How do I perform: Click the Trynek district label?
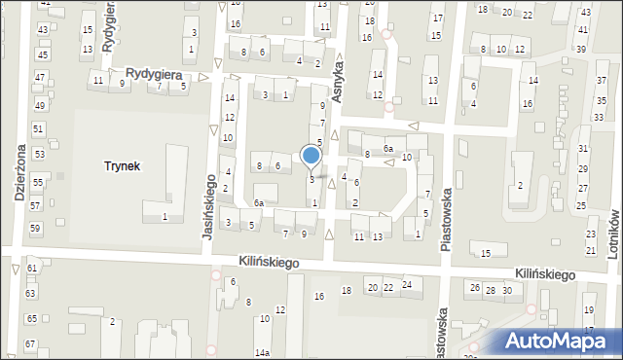click(123, 166)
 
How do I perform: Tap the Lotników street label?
click(614, 231)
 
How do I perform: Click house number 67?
click(30, 344)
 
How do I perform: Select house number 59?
click(35, 228)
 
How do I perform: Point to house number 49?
click(39, 105)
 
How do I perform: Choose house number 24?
click(406, 285)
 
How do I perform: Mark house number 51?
click(38, 128)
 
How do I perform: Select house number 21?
click(590, 251)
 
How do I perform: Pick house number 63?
click(30, 293)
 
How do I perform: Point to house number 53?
click(39, 154)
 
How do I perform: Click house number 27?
click(581, 194)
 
